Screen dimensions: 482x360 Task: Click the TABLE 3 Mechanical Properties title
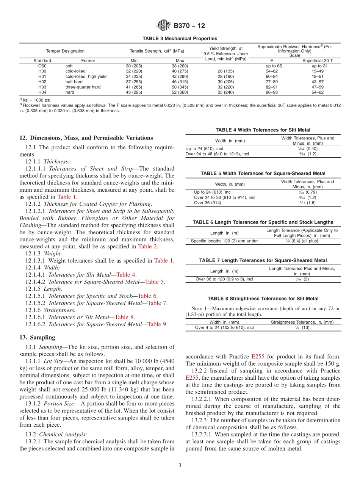click(x=180, y=39)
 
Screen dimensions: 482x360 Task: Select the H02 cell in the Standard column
click(x=42, y=81)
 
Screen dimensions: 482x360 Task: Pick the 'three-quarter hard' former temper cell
click(x=83, y=87)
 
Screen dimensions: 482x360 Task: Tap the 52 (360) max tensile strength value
click(x=180, y=92)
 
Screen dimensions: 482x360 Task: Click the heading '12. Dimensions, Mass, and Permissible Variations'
click(x=86, y=138)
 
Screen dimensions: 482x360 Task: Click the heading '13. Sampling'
click(x=37, y=337)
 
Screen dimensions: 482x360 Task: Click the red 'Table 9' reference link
click(x=157, y=324)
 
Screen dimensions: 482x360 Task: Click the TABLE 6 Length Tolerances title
click(x=263, y=222)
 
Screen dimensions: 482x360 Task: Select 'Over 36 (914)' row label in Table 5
click(x=208, y=203)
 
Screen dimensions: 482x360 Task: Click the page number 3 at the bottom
click(x=180, y=465)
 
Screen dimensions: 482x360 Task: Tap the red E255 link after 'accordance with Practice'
click(x=257, y=357)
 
